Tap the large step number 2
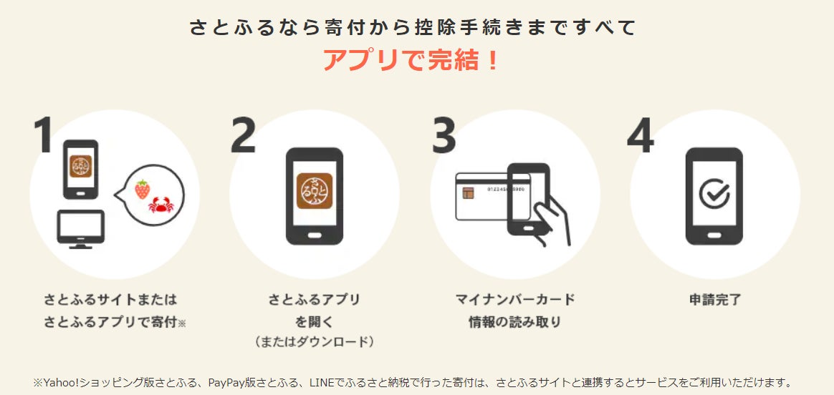tap(243, 135)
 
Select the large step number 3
tap(444, 135)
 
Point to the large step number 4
tap(641, 135)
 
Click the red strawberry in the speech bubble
tap(142, 189)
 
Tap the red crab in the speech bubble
tap(160, 205)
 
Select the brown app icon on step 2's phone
tap(315, 191)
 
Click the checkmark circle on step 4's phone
tap(714, 193)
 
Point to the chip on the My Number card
tap(469, 192)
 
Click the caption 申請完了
tap(714, 300)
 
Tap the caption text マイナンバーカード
tap(515, 300)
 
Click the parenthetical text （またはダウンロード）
tap(315, 342)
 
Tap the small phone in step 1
tap(80, 170)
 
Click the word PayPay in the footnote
tap(224, 383)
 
